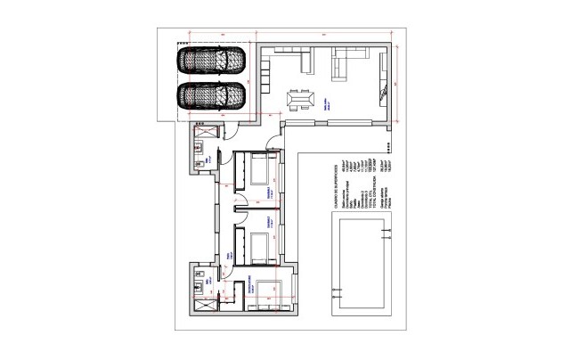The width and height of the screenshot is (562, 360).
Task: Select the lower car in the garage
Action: (x=212, y=94)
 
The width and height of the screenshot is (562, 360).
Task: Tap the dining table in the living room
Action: (x=300, y=95)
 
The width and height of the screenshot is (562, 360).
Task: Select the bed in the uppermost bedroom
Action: (x=263, y=168)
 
